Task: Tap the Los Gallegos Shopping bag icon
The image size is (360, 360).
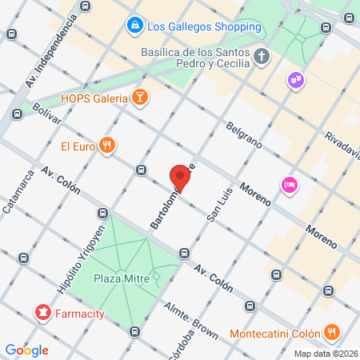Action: [134, 26]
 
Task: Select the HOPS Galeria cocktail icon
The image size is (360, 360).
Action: [141, 98]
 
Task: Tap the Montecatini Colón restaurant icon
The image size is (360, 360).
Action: [331, 333]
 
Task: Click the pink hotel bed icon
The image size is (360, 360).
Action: [289, 185]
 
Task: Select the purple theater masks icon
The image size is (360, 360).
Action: [295, 80]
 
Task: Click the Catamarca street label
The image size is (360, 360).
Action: [18, 191]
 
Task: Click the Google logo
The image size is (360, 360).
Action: [26, 350]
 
